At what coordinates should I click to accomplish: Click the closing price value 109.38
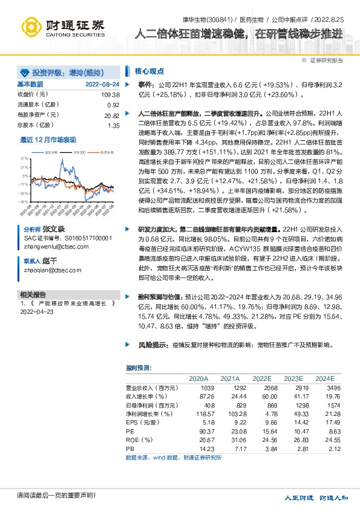(111, 95)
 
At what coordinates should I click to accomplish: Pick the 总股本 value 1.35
(113, 125)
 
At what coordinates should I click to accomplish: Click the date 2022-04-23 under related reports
(37, 312)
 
